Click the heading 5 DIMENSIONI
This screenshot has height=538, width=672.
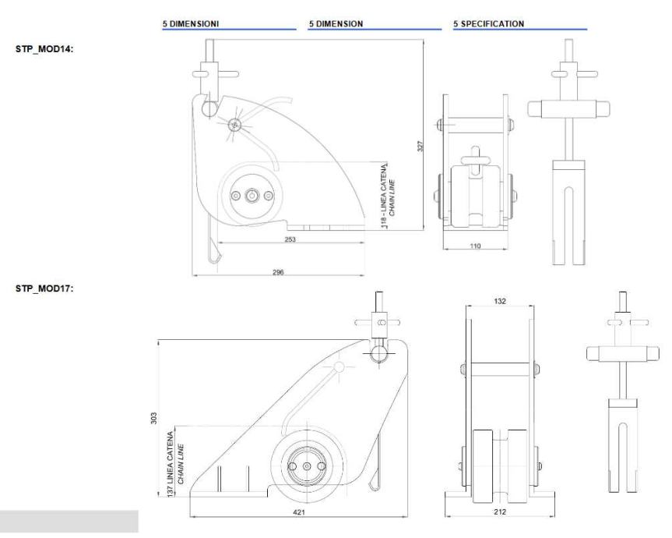[190, 24]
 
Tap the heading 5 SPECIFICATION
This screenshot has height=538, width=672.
[488, 24]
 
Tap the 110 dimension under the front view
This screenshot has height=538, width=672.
[476, 246]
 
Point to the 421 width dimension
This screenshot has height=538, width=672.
[299, 512]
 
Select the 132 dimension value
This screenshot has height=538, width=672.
[501, 300]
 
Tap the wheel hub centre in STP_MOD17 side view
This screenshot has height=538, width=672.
[306, 465]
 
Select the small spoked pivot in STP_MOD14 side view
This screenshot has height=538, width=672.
[234, 125]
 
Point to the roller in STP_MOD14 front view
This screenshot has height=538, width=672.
[475, 195]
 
